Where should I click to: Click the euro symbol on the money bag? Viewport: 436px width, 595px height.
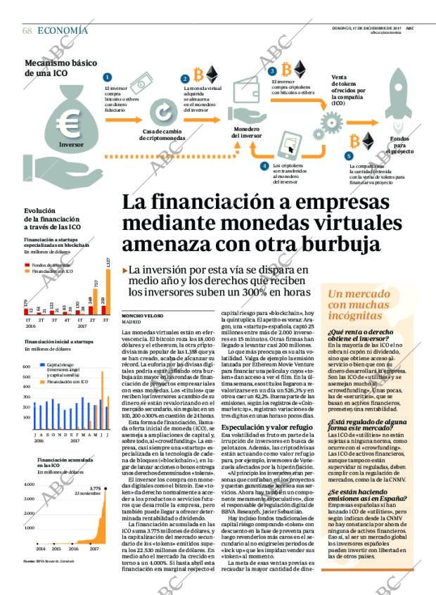coord(69,124)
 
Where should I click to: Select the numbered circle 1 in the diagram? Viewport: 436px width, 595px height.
coord(107,77)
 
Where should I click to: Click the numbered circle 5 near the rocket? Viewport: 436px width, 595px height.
coord(347,155)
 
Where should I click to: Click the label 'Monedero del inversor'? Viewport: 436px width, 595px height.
coord(246,132)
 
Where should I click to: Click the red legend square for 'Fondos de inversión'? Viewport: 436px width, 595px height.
coord(27,265)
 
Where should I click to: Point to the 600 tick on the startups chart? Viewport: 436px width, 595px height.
coord(28,366)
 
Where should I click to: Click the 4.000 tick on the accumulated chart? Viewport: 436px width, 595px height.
coord(29,485)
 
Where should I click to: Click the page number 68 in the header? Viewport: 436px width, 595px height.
coord(27,30)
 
